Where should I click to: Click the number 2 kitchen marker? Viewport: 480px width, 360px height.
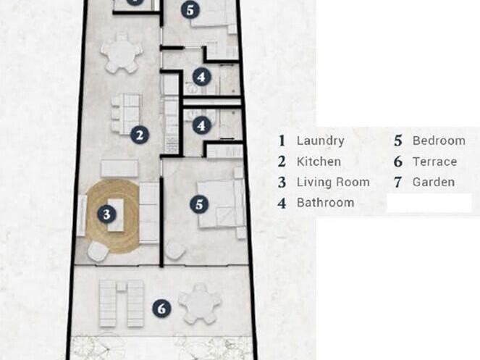click(140, 135)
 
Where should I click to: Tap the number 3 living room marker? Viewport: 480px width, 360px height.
click(106, 214)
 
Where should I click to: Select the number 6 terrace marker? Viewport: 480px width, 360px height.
click(161, 309)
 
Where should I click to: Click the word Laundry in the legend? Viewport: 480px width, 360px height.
click(321, 141)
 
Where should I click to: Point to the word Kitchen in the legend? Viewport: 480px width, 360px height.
click(319, 162)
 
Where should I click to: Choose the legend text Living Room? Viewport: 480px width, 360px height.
click(333, 182)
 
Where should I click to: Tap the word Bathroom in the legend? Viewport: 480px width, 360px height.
click(325, 203)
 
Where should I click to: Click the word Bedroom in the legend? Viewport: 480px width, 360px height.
click(439, 141)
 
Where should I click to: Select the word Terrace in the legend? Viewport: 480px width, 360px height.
click(434, 162)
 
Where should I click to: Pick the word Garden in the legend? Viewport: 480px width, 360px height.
click(434, 182)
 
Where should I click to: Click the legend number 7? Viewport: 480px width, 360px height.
click(397, 183)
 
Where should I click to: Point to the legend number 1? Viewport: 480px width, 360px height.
click(282, 141)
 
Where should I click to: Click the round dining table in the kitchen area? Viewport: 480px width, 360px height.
click(122, 54)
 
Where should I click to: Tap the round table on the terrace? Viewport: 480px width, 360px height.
click(200, 304)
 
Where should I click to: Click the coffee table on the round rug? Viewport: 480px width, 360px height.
click(115, 215)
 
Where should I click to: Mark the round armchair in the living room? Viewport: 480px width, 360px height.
click(98, 251)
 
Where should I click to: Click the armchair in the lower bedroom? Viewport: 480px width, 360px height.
click(175, 250)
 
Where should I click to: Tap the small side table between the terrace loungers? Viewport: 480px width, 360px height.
click(122, 286)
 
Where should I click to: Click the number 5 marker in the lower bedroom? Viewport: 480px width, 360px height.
click(199, 204)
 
